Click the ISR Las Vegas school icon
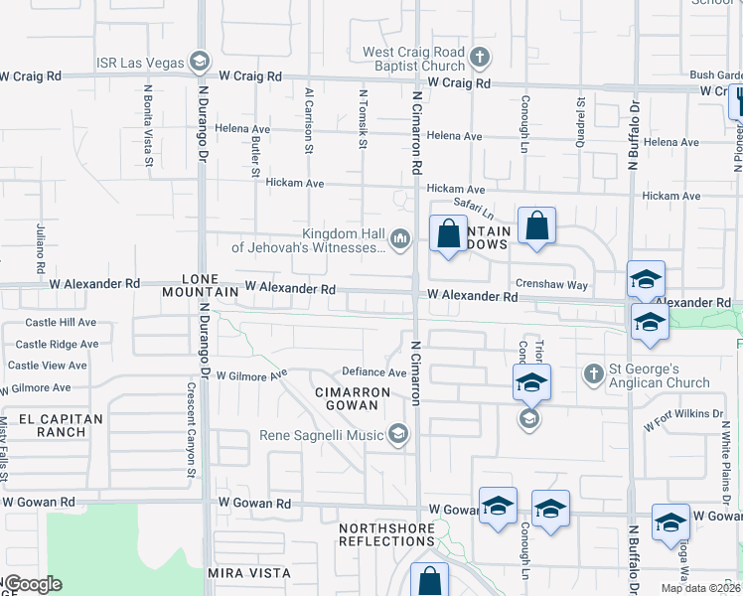(x=200, y=63)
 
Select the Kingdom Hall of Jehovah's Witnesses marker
(x=400, y=238)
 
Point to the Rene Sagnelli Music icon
(x=398, y=434)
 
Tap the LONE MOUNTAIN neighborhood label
(x=210, y=285)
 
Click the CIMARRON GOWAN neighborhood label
(x=353, y=398)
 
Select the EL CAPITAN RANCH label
(x=56, y=425)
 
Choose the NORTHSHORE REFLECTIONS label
(x=386, y=534)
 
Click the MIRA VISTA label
(x=249, y=573)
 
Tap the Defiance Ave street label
(x=374, y=372)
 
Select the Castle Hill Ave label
(x=61, y=323)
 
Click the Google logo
(x=33, y=584)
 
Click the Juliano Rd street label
(x=41, y=249)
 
